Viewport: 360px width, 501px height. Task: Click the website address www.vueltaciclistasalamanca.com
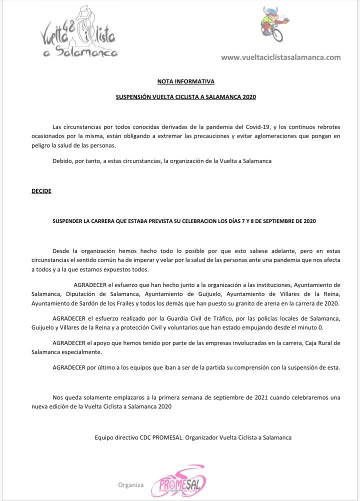click(281, 57)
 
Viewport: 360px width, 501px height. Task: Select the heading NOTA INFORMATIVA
click(185, 81)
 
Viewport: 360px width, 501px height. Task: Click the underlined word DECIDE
click(41, 191)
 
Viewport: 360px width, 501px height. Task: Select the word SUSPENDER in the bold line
click(69, 220)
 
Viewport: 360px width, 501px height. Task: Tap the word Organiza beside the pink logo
click(131, 484)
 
